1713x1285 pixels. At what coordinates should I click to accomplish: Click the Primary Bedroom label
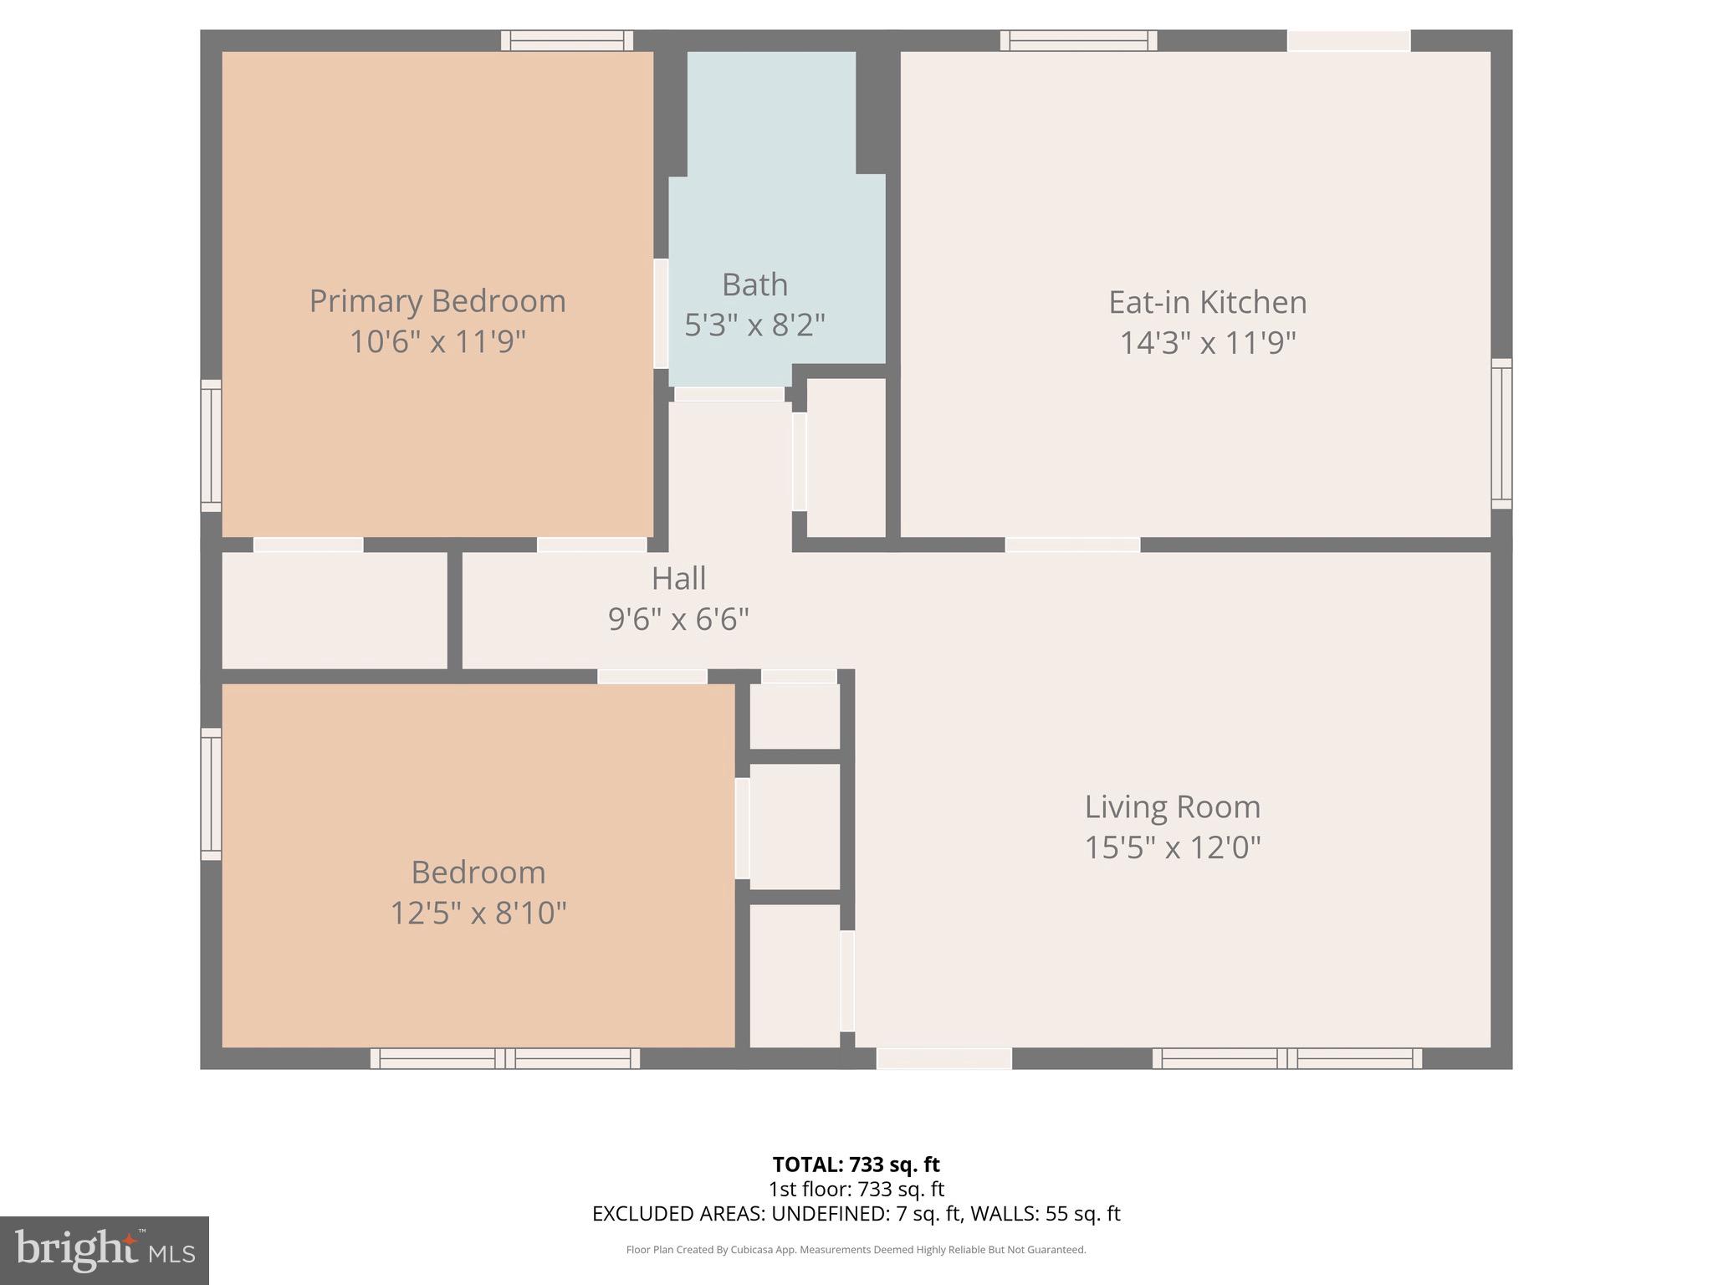tap(437, 301)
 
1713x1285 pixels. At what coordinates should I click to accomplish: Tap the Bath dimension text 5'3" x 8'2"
tap(754, 325)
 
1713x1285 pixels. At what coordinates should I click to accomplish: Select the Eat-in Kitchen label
tap(1207, 302)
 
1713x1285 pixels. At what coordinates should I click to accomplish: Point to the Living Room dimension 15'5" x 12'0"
tap(1172, 847)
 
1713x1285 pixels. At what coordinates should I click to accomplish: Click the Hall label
tap(678, 578)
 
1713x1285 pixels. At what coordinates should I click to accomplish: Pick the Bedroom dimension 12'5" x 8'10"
tap(478, 913)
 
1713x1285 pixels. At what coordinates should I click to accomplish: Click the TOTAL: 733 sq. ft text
tap(856, 1164)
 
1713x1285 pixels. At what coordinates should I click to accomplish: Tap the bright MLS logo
tap(104, 1250)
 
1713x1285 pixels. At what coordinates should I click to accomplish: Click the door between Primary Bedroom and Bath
tap(661, 314)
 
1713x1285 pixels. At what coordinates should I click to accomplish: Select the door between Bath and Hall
tap(729, 394)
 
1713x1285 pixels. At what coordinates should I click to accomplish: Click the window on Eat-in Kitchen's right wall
tap(1501, 433)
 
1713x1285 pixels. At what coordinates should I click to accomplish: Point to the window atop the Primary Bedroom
tap(567, 40)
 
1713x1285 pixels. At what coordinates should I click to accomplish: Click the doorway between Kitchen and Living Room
tap(1072, 545)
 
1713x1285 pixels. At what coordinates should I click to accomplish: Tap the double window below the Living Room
tap(1286, 1058)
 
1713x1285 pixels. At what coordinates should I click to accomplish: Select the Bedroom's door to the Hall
tap(652, 676)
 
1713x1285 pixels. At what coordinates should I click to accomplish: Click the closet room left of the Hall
tap(334, 610)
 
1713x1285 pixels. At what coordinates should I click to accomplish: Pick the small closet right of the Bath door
tap(846, 458)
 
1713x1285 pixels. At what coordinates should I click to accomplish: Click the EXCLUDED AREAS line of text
tap(856, 1213)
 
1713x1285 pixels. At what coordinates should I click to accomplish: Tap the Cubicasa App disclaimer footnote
tap(856, 1250)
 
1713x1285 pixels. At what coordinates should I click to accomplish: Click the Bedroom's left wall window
tap(211, 793)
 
